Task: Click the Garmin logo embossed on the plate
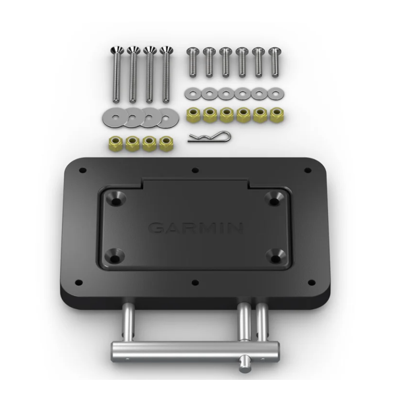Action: [x=195, y=228]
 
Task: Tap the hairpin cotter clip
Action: [x=209, y=137]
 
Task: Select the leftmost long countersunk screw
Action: [x=117, y=74]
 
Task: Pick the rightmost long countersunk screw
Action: [x=166, y=74]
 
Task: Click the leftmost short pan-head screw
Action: [x=193, y=62]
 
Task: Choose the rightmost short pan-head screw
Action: [x=274, y=62]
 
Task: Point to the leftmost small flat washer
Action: [x=193, y=93]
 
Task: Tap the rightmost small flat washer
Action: [x=275, y=93]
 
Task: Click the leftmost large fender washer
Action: [x=112, y=118]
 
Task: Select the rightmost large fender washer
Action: [x=168, y=118]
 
